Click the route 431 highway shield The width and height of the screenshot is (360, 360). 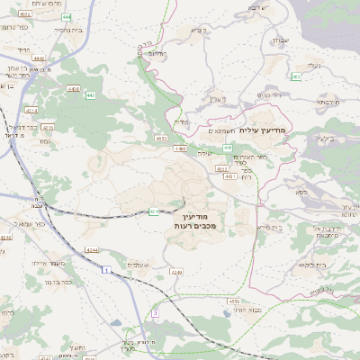[x=154, y=211]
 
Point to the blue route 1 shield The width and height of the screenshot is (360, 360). [x=106, y=269]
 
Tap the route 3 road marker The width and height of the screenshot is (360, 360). [x=154, y=312]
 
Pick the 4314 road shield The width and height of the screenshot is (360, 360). [x=32, y=111]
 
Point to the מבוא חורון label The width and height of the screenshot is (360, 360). [x=243, y=309]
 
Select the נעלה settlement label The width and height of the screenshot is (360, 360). [x=311, y=65]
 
